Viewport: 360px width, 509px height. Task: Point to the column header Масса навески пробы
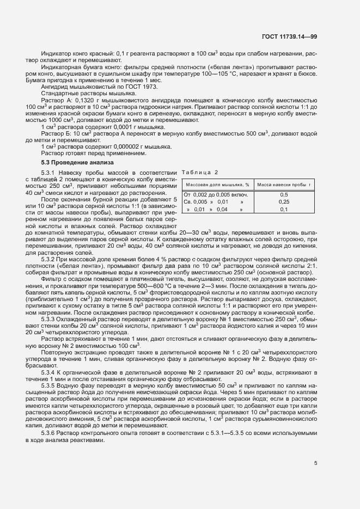click(x=284, y=185)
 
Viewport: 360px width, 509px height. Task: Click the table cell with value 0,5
click(x=284, y=195)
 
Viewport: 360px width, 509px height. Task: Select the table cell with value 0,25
click(x=284, y=202)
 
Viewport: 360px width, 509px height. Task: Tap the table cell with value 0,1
click(x=284, y=209)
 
